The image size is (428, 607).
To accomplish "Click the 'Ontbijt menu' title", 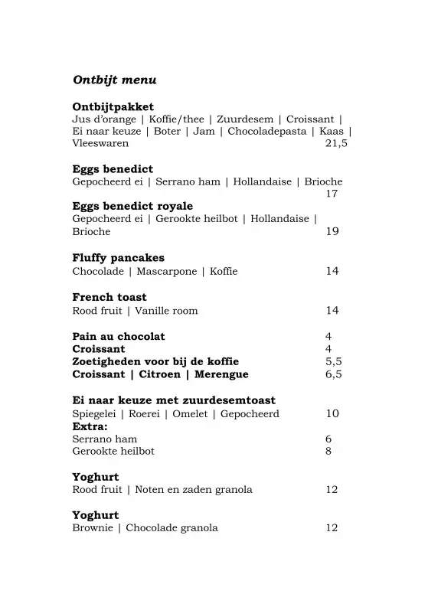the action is coord(115,80).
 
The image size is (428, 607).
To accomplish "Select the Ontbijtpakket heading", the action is coord(113,106).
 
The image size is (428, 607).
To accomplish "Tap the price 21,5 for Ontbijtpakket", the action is coord(336,143).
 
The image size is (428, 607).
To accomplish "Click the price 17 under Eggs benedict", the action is coord(332,194).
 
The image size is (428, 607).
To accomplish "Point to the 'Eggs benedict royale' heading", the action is coord(132,206).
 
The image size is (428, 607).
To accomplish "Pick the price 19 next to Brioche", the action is coord(332,231).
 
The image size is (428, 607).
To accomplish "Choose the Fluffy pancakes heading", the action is coord(118,258).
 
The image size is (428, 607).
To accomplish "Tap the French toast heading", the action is coord(109,297).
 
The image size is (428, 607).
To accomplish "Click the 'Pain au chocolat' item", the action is coord(119,336).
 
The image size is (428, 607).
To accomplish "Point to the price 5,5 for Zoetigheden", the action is coord(333,361).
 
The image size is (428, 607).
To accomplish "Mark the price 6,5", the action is coord(333,374).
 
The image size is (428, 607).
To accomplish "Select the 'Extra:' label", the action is coord(90,426).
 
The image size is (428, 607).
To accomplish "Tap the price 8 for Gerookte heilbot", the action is coord(328,451).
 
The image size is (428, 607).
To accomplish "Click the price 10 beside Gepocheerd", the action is coord(332,413).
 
